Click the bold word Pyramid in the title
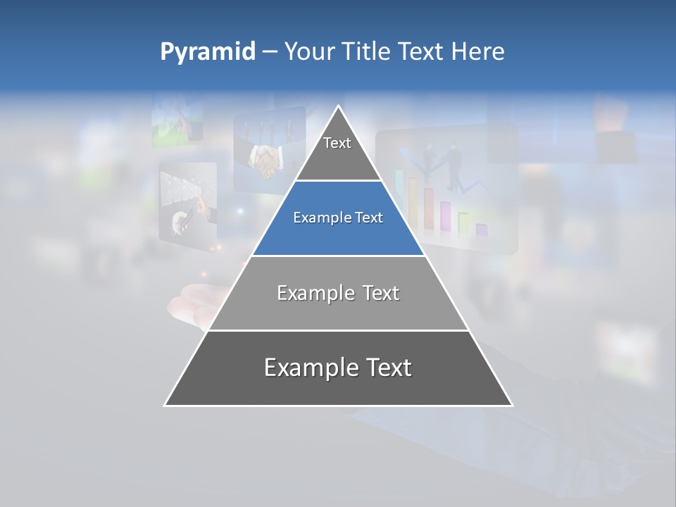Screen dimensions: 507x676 [207, 52]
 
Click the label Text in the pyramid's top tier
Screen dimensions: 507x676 [337, 143]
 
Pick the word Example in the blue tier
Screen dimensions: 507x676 [318, 218]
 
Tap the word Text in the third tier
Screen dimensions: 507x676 [376, 293]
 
